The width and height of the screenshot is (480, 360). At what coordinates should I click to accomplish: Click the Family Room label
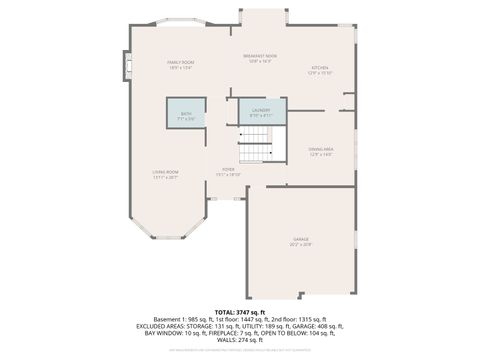180,65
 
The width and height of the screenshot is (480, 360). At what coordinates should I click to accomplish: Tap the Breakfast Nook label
260,58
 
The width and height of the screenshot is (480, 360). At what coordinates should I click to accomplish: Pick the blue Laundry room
261,111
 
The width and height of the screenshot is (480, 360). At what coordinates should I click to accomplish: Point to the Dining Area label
321,151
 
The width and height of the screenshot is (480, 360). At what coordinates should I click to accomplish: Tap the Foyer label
229,172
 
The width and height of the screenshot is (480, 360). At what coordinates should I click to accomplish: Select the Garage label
301,241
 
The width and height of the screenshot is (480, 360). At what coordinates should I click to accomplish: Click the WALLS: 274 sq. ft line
239,342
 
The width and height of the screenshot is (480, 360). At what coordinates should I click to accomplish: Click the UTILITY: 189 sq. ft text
263,326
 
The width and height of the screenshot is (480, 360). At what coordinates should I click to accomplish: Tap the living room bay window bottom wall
166,237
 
